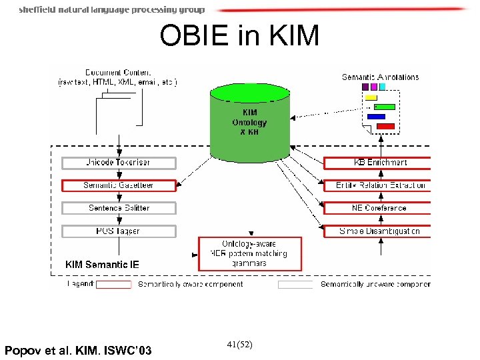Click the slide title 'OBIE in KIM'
coord(239,36)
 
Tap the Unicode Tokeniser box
coord(119,163)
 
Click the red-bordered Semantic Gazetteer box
coord(119,185)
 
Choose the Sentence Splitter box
coord(119,208)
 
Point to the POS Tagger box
coord(119,231)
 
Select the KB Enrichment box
coord(378,163)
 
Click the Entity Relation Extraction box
coord(378,185)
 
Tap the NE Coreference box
coord(378,208)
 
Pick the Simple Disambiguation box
coord(378,231)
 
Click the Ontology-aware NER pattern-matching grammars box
coord(250,253)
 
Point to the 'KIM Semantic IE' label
coord(102,265)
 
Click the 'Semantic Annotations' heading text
coord(380,77)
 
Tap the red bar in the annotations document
coord(386,126)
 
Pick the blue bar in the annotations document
coord(376,117)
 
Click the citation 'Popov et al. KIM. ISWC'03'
coord(77,350)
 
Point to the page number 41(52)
coord(239,344)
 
